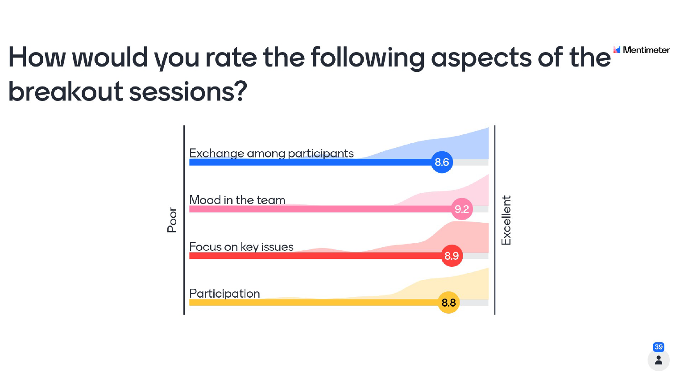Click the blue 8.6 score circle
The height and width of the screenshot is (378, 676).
442,162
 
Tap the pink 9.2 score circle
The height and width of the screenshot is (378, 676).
462,209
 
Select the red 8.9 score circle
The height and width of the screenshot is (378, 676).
452,256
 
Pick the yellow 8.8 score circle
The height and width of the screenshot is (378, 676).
449,303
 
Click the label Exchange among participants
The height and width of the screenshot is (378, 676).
271,154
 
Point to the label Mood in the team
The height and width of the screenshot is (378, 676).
237,200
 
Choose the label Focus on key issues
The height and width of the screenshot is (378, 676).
241,247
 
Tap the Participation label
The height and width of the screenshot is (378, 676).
224,294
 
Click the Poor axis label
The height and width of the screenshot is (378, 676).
172,220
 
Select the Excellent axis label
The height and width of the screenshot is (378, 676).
506,220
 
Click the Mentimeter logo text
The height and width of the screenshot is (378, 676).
646,50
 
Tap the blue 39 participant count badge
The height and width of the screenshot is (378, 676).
659,347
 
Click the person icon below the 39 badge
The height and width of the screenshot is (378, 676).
659,360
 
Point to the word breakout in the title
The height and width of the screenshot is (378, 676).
66,91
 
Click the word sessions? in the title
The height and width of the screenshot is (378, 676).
188,91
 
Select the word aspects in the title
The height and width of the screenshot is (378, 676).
481,58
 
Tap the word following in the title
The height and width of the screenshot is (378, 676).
368,58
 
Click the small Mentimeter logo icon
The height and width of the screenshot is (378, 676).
617,50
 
